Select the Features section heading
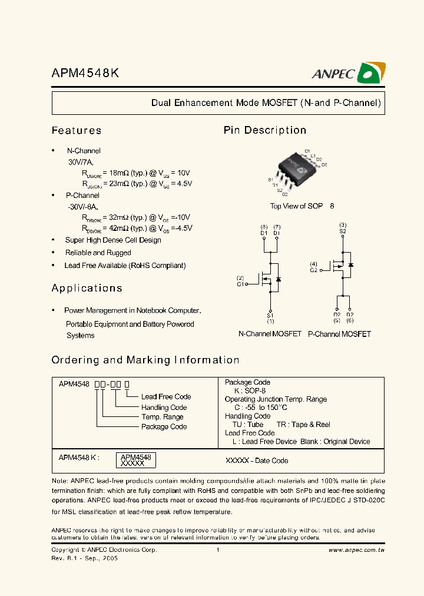click(x=77, y=131)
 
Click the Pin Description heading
click(x=265, y=131)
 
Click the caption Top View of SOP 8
click(x=302, y=206)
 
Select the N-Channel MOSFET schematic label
click(x=270, y=334)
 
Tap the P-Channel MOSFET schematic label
click(x=340, y=334)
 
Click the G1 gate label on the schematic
click(x=240, y=284)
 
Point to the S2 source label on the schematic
click(x=343, y=231)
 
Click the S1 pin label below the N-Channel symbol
click(x=270, y=315)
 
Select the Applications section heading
click(x=87, y=289)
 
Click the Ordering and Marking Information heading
click(x=145, y=360)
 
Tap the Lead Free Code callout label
click(x=166, y=397)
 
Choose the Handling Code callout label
click(x=164, y=408)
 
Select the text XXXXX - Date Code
click(x=257, y=461)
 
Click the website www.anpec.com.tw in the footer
click(x=356, y=550)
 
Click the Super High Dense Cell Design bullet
click(x=113, y=240)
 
